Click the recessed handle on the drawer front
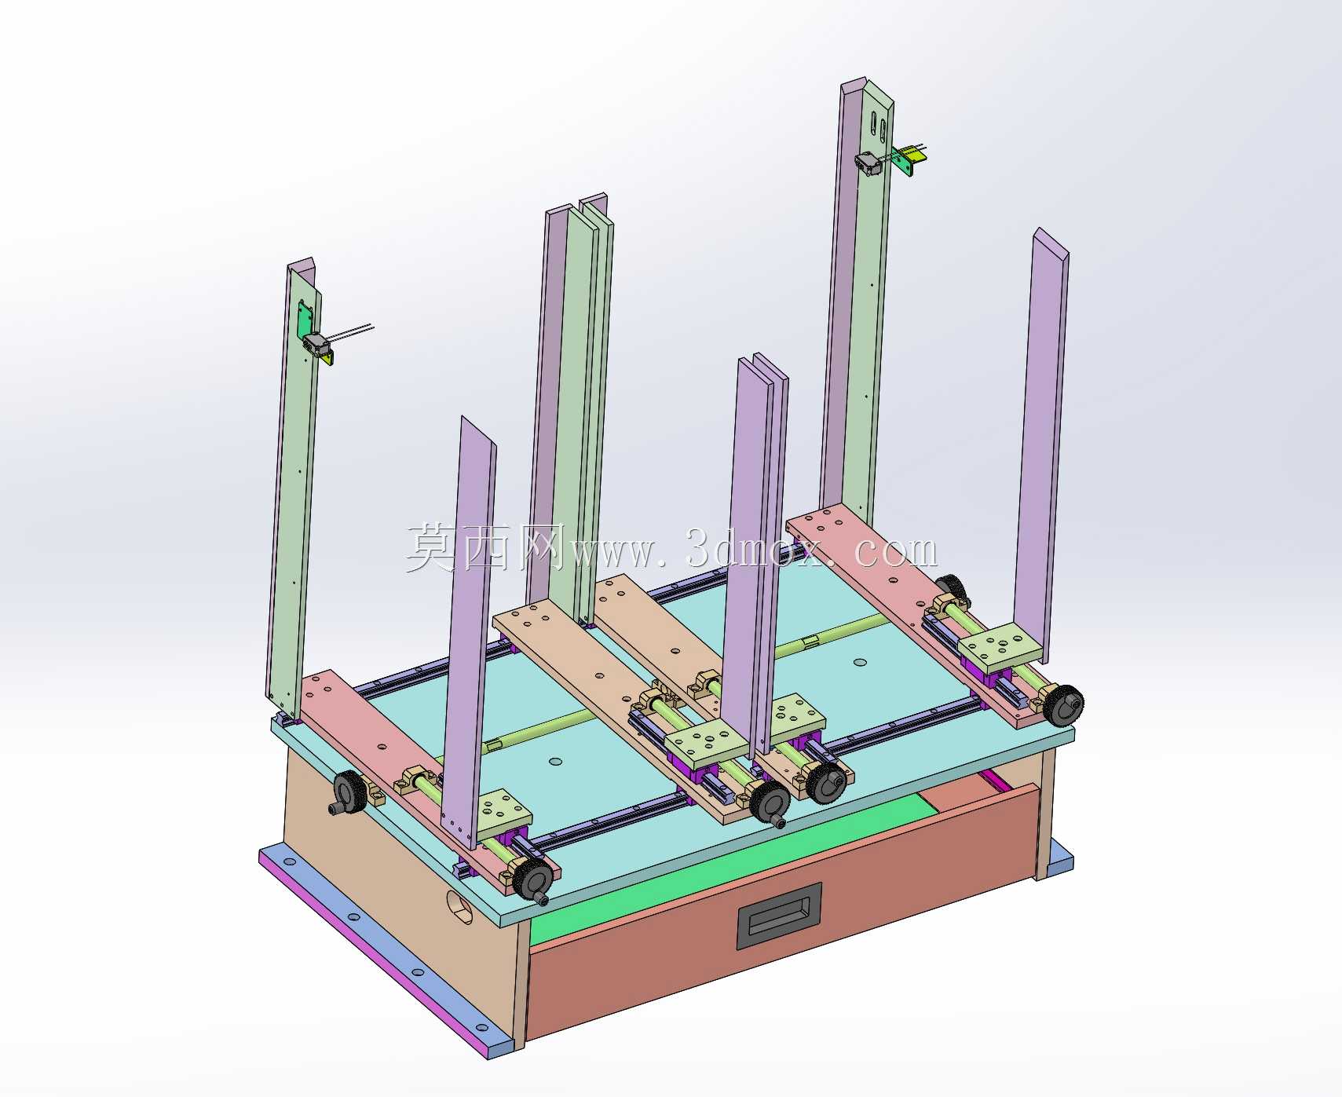tap(779, 916)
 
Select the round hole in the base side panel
tap(460, 907)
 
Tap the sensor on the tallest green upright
tap(868, 163)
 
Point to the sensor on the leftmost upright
tap(316, 343)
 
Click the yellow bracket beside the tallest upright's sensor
tap(911, 160)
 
